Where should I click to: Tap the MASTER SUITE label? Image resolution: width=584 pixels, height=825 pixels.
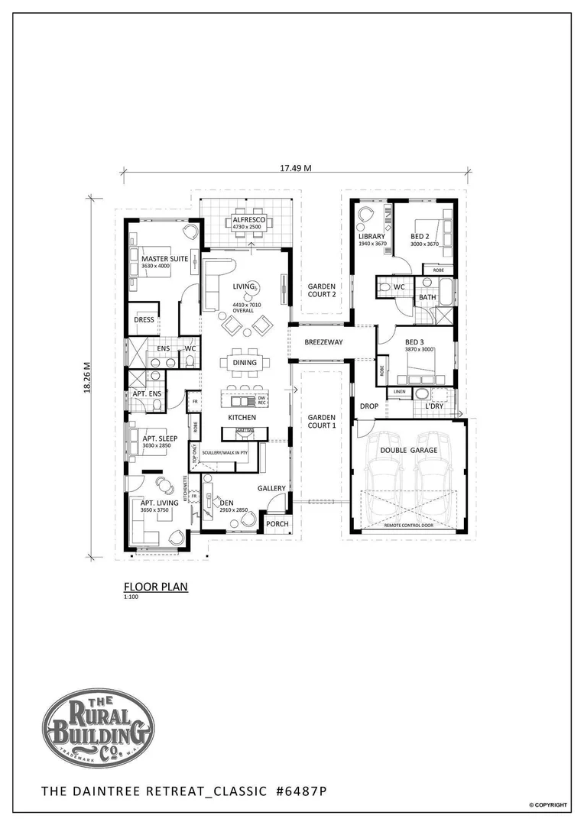(x=164, y=258)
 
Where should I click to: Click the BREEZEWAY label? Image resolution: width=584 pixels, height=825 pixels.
(x=322, y=343)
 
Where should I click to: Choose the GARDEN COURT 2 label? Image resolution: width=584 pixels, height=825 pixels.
(x=322, y=291)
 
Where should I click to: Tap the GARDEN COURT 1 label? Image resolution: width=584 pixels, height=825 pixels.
(x=322, y=421)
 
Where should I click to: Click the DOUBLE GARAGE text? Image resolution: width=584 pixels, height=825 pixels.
(x=408, y=451)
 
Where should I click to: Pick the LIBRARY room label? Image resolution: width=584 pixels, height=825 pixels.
(x=371, y=236)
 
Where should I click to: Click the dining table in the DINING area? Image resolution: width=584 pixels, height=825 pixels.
(x=245, y=364)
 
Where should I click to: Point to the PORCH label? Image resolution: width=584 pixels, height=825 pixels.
(x=277, y=524)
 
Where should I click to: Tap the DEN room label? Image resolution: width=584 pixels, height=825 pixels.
(x=226, y=503)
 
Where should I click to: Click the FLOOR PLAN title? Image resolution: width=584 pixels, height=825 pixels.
(x=155, y=587)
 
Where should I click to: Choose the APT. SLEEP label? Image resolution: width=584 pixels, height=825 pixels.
(x=160, y=439)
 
